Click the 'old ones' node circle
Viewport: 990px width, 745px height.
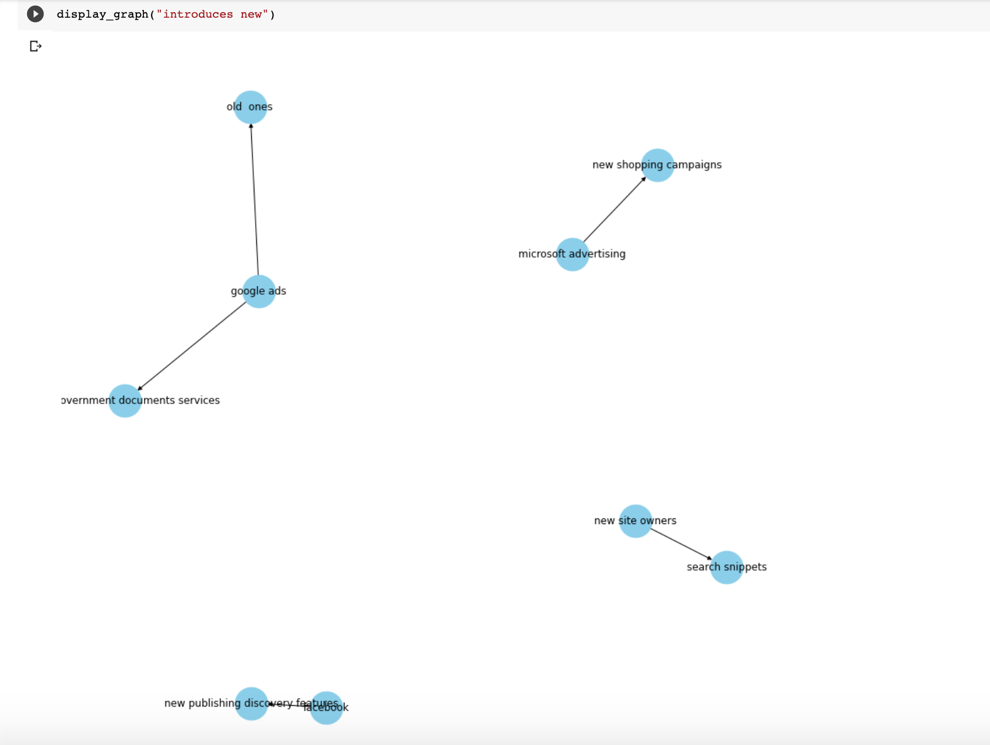[x=251, y=107]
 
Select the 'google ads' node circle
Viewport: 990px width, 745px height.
[x=259, y=292]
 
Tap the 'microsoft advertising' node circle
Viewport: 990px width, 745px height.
[x=573, y=254]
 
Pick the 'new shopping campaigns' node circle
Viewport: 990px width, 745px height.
[x=658, y=165]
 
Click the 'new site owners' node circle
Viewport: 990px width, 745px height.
[x=636, y=521]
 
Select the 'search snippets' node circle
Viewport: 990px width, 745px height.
[x=727, y=568]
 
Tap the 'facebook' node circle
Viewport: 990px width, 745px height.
[x=326, y=708]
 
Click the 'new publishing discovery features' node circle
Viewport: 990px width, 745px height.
[x=251, y=704]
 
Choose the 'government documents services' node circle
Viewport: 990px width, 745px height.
[x=125, y=401]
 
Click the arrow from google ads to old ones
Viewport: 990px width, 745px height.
[x=254, y=199]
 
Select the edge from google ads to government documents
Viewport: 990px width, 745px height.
[x=192, y=346]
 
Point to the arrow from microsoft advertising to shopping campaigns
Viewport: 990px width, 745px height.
[x=614, y=210]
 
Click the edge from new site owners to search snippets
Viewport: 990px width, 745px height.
[x=681, y=544]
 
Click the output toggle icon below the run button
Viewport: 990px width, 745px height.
[x=35, y=46]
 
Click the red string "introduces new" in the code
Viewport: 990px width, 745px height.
[x=213, y=14]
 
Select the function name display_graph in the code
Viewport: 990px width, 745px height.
[x=102, y=14]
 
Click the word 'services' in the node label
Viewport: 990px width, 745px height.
[x=199, y=400]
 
